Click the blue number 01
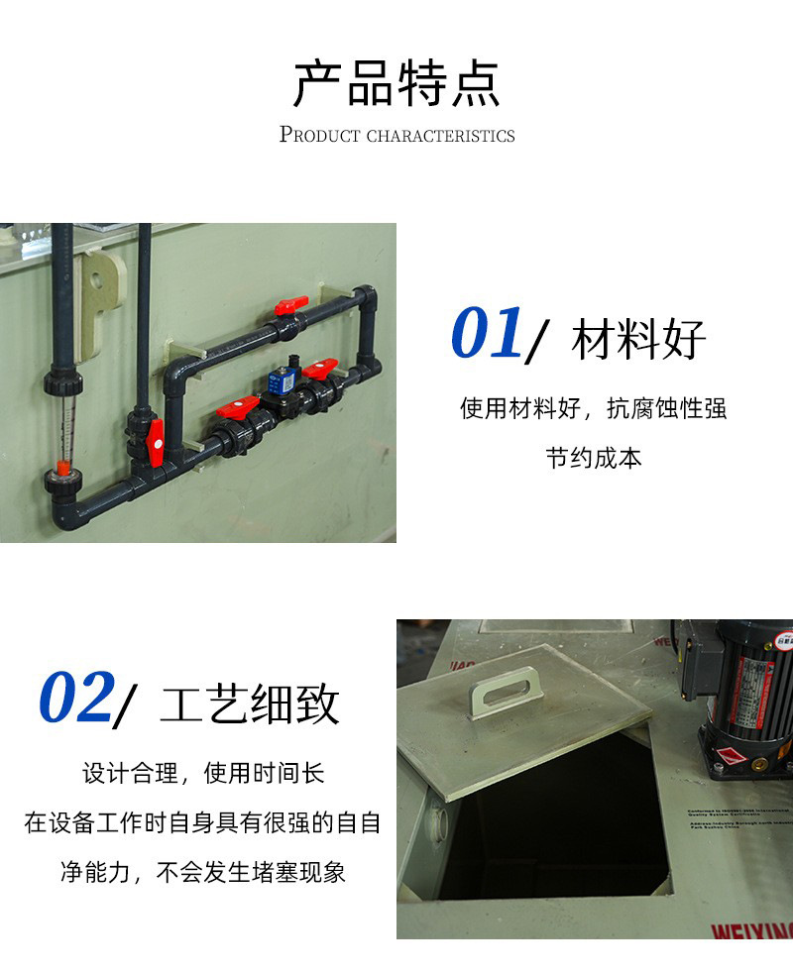click(x=487, y=333)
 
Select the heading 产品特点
click(x=396, y=84)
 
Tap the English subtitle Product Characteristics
click(x=396, y=135)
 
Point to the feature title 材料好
click(x=638, y=341)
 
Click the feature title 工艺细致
click(x=249, y=705)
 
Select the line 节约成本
click(x=594, y=459)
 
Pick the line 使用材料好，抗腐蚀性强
click(x=594, y=408)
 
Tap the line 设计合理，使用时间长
click(x=203, y=773)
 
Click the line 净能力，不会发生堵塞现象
click(x=203, y=873)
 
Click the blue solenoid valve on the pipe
click(x=282, y=380)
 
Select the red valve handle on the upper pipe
click(x=291, y=304)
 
